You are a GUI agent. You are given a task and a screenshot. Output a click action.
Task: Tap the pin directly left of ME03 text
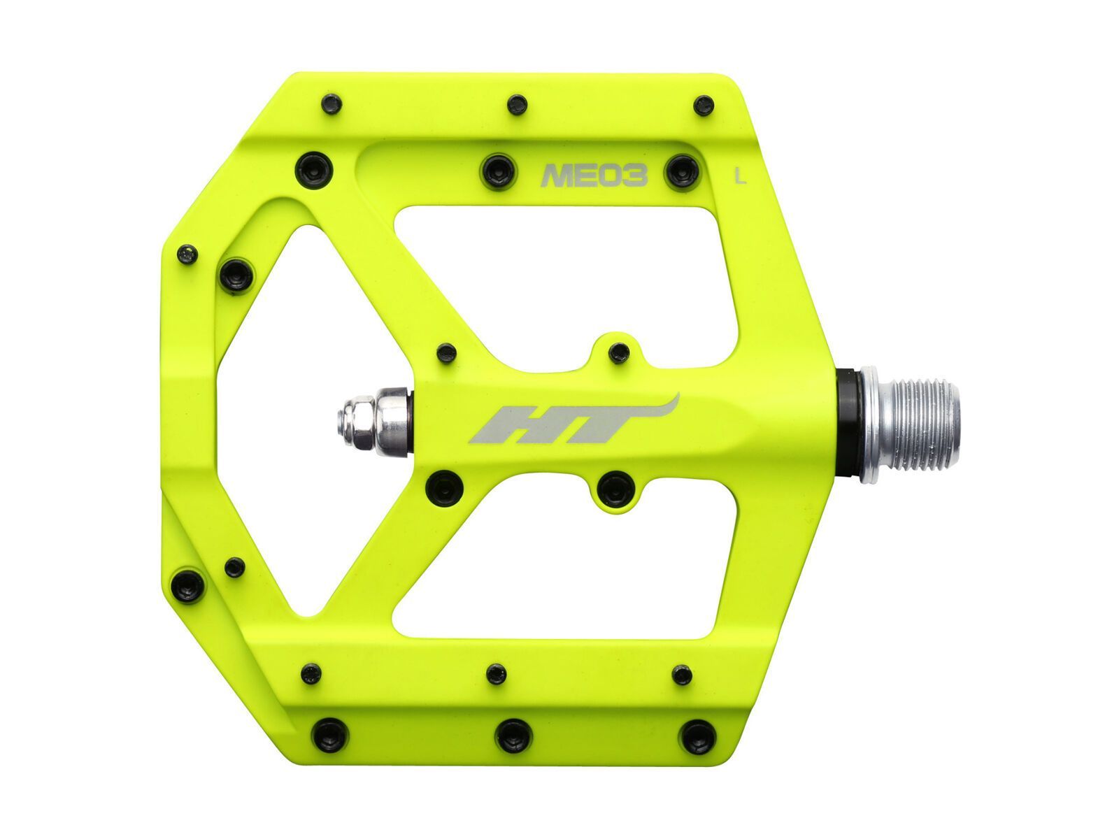point(496,167)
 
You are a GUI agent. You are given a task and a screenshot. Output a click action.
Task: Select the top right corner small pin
point(702,106)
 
